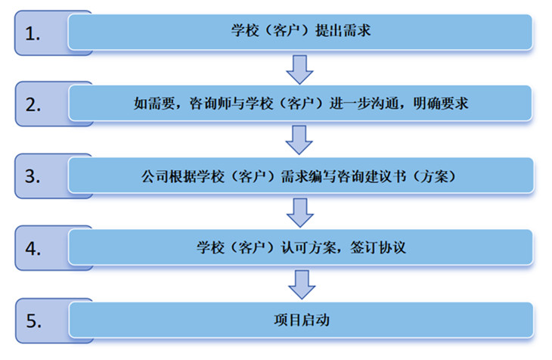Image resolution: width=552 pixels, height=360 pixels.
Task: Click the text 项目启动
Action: [302, 319]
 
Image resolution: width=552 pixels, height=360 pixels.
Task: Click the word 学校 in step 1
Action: [243, 32]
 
